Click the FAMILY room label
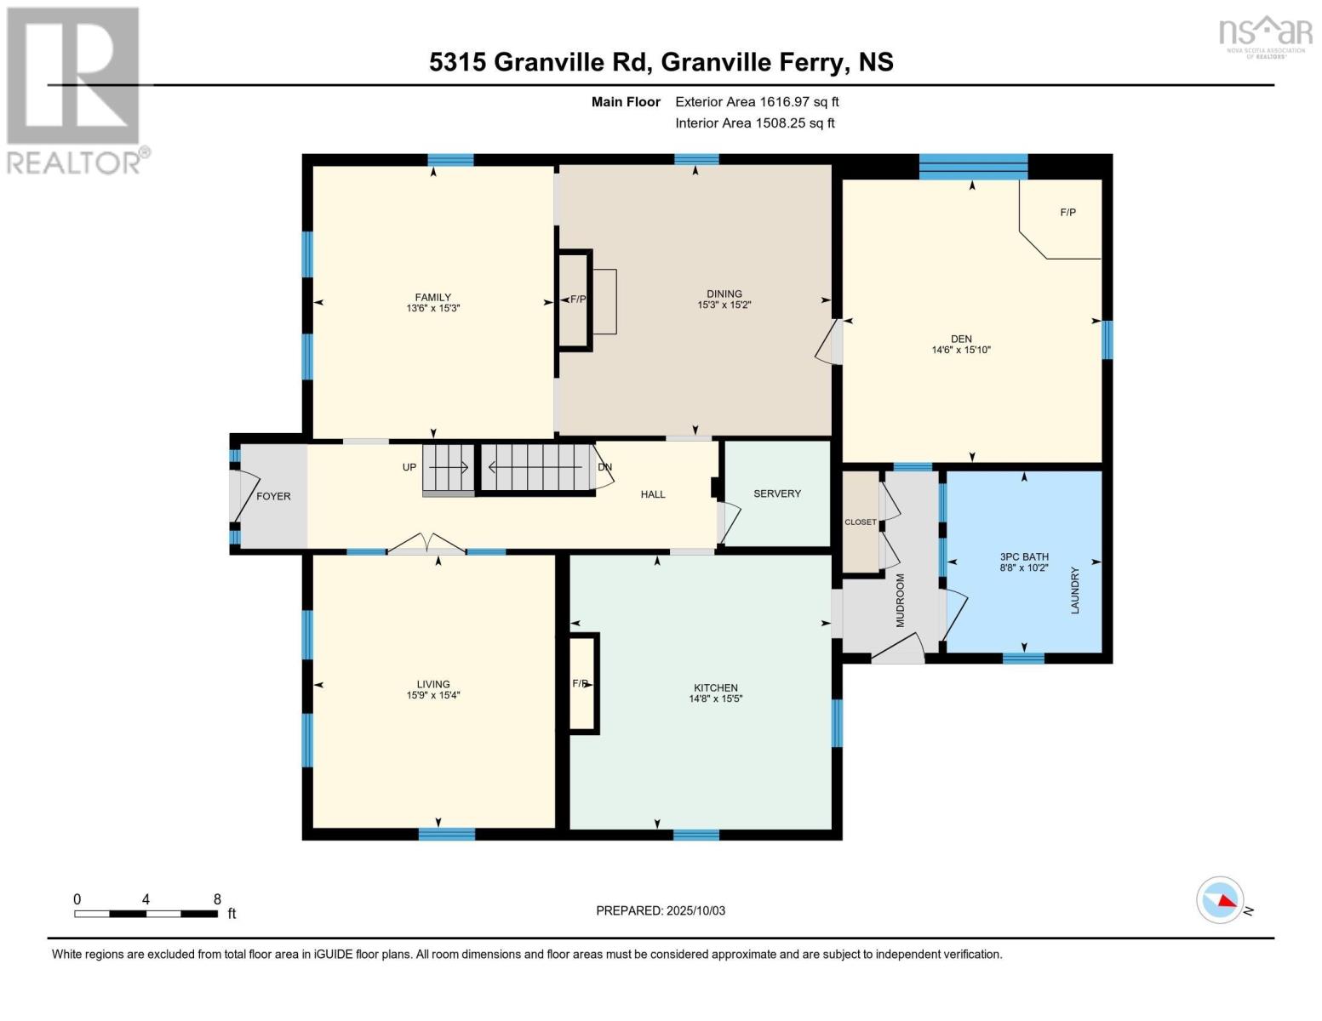tap(432, 297)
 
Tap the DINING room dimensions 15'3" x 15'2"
tap(724, 305)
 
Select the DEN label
tap(961, 339)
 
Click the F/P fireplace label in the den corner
tap(1067, 213)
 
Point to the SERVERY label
tap(776, 493)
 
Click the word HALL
tap(653, 494)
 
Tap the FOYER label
tap(273, 496)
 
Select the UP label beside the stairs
tap(409, 468)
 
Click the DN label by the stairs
tap(604, 467)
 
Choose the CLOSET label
tap(860, 522)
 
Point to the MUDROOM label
tap(900, 601)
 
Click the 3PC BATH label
tap(1024, 556)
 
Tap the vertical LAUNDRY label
tap(1074, 590)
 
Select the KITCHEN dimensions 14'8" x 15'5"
tap(715, 699)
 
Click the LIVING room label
tap(432, 684)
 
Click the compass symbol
tap(1220, 899)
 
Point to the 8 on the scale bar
tap(217, 899)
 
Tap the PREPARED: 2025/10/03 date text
tap(660, 910)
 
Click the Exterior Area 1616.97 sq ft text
tap(757, 102)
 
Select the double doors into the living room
tap(427, 545)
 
